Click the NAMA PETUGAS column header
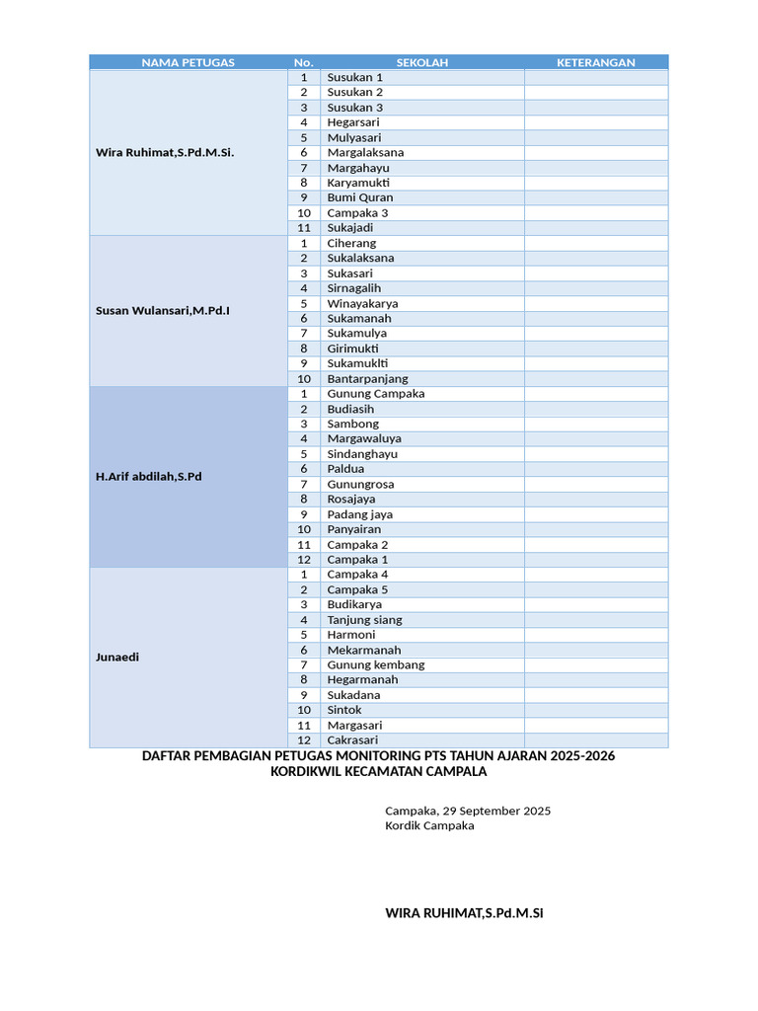point(188,62)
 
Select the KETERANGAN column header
point(595,62)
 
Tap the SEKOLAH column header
point(422,62)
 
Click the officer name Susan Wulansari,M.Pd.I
point(163,311)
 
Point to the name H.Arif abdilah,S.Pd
point(148,477)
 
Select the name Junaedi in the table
point(117,657)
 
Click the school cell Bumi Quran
point(360,197)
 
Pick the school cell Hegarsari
point(353,122)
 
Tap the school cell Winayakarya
point(362,304)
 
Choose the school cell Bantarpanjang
point(367,379)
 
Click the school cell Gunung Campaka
point(376,394)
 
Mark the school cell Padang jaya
point(360,514)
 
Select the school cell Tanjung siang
point(364,620)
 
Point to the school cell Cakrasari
point(352,740)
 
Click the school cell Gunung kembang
point(376,665)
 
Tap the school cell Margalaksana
point(365,153)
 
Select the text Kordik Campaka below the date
point(429,826)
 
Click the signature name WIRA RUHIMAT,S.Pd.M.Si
point(464,913)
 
